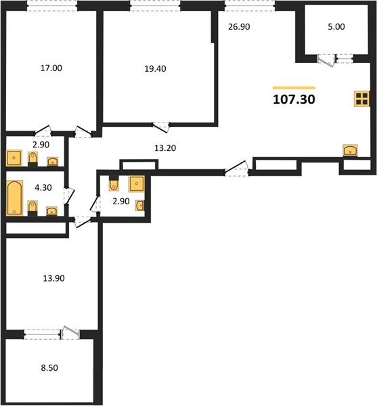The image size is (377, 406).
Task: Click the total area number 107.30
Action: tap(294, 99)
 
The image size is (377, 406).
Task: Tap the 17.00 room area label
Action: tap(51, 68)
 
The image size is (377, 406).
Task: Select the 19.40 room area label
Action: tap(155, 68)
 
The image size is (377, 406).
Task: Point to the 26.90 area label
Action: tap(239, 26)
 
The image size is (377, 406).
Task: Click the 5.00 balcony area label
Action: tap(336, 26)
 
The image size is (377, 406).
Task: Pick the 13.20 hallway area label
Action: tap(165, 148)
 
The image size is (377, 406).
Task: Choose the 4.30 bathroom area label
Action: tap(43, 187)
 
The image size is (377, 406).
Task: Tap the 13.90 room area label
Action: tap(53, 278)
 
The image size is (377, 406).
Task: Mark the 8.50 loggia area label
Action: tap(49, 367)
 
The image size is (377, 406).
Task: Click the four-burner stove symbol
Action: tap(361, 99)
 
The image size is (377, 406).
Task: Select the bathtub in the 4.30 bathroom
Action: tap(14, 198)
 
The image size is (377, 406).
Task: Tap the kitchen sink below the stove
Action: tap(350, 150)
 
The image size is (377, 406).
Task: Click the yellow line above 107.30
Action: tap(294, 88)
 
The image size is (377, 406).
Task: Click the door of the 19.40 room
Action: tap(161, 127)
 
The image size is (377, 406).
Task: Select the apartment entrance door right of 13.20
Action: tap(237, 168)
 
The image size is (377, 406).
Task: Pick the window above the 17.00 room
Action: tap(52, 5)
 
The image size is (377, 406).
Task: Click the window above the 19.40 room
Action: tap(155, 5)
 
